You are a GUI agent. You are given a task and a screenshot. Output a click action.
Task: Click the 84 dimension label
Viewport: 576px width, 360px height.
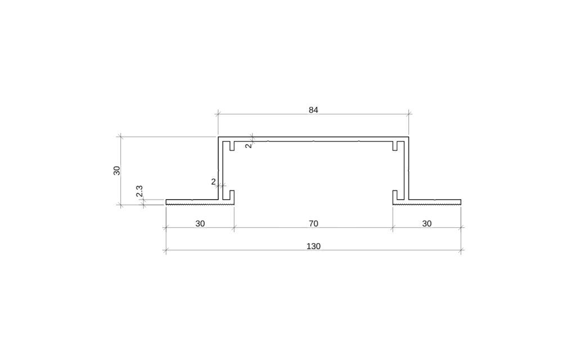point(313,110)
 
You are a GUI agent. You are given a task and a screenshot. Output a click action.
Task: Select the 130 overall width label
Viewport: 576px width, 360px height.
point(313,246)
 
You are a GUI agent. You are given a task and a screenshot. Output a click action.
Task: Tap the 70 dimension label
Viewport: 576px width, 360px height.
point(313,223)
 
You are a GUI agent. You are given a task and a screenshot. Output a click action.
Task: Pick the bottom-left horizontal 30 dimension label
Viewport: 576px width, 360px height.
point(200,223)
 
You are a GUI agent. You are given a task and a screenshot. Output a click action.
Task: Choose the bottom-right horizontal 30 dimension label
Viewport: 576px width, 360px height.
point(427,223)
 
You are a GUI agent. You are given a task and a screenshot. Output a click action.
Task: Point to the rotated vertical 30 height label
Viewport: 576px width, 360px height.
point(117,170)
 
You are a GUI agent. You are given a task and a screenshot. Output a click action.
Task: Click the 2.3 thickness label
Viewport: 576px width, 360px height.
point(139,192)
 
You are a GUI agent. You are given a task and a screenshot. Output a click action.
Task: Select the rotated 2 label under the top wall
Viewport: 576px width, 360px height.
point(248,146)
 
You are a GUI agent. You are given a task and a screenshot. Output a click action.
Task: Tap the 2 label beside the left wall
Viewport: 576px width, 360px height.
point(213,181)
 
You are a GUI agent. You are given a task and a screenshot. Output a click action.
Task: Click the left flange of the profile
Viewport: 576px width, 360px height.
point(191,201)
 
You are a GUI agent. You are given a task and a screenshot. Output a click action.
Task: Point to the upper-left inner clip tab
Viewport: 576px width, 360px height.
point(231,146)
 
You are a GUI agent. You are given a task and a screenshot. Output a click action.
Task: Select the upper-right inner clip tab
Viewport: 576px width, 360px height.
point(395,146)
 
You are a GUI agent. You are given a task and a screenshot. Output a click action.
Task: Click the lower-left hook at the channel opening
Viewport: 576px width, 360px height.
point(231,196)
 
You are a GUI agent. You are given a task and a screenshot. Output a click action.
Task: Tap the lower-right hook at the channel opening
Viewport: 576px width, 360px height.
point(395,196)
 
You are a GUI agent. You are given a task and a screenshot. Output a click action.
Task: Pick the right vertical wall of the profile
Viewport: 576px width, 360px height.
point(407,169)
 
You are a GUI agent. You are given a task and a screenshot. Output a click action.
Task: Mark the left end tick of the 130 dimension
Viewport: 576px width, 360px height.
point(166,250)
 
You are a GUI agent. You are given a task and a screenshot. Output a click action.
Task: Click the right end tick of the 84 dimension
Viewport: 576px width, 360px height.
point(409,114)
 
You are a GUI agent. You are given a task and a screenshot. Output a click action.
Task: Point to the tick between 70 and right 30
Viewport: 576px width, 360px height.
point(393,228)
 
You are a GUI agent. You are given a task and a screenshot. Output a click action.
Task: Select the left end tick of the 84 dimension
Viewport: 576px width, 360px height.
point(218,114)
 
